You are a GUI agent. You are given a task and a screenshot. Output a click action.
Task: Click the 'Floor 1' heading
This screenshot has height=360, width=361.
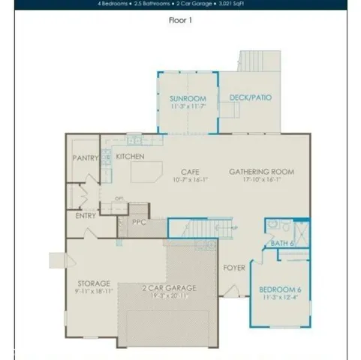pos(180,20)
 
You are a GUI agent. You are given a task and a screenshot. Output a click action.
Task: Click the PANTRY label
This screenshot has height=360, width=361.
pos(86,158)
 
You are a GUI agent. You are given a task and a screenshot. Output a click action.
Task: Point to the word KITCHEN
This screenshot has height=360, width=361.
pos(130,157)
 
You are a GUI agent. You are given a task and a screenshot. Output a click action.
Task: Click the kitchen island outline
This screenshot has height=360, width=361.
pos(147,172)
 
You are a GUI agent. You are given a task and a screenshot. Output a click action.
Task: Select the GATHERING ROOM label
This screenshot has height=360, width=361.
pos(261,172)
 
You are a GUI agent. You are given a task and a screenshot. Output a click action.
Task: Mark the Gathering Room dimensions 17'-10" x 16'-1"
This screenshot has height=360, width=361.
pos(261,179)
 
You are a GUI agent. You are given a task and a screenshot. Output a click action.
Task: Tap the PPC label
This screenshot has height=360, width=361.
pos(139,222)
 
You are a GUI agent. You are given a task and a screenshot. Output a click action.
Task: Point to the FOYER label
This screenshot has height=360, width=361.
pos(235,266)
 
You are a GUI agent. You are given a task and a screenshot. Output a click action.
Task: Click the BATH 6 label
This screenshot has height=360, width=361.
pos(282,243)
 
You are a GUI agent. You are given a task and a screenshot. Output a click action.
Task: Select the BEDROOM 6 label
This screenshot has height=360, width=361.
pos(279,289)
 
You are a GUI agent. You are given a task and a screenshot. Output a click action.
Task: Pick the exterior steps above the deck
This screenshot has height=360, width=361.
pos(259,61)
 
